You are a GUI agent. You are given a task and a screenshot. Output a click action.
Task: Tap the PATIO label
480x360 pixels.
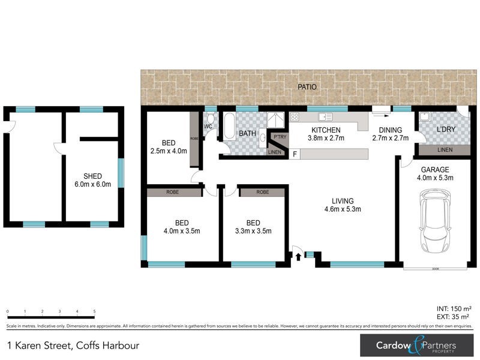(307, 88)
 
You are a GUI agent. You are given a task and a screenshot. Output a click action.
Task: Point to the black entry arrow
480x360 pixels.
(298, 257)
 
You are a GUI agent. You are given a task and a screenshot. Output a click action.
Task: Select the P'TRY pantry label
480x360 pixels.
(280, 137)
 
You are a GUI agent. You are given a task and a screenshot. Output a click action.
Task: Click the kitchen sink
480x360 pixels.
(325, 116)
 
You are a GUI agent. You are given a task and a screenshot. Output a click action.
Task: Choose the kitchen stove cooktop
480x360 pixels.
(295, 116)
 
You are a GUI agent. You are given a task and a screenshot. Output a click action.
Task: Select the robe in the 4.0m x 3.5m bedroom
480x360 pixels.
(174, 193)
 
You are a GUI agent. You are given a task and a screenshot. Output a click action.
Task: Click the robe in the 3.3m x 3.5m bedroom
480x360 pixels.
(262, 193)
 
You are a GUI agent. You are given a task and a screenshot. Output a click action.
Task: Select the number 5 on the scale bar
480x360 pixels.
(95, 312)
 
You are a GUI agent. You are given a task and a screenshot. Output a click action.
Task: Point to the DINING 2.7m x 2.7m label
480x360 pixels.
(390, 134)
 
